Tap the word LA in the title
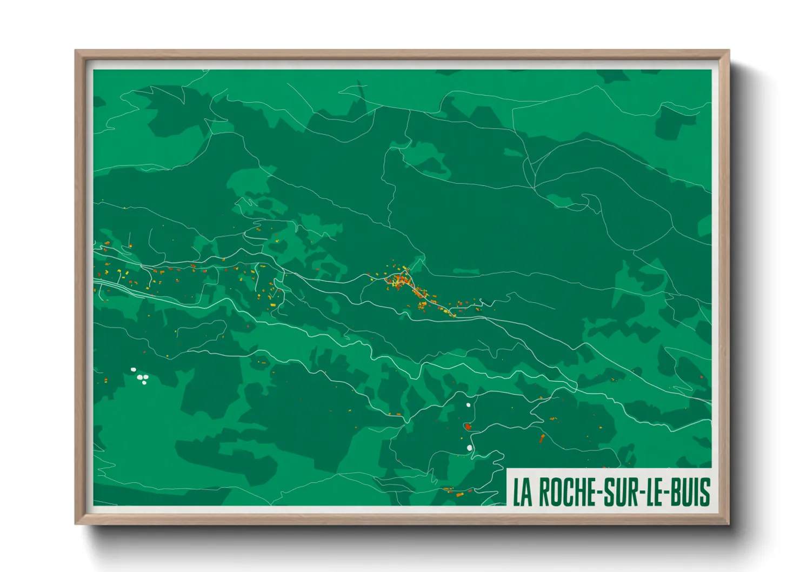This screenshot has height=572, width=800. point(522,492)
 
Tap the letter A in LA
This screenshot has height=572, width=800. point(527,492)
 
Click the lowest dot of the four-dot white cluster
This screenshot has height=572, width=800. point(144,383)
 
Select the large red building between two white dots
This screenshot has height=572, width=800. point(468,427)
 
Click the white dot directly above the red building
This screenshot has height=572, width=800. point(468,404)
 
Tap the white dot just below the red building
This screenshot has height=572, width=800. point(469,448)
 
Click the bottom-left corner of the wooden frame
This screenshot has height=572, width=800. point(76,523)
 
